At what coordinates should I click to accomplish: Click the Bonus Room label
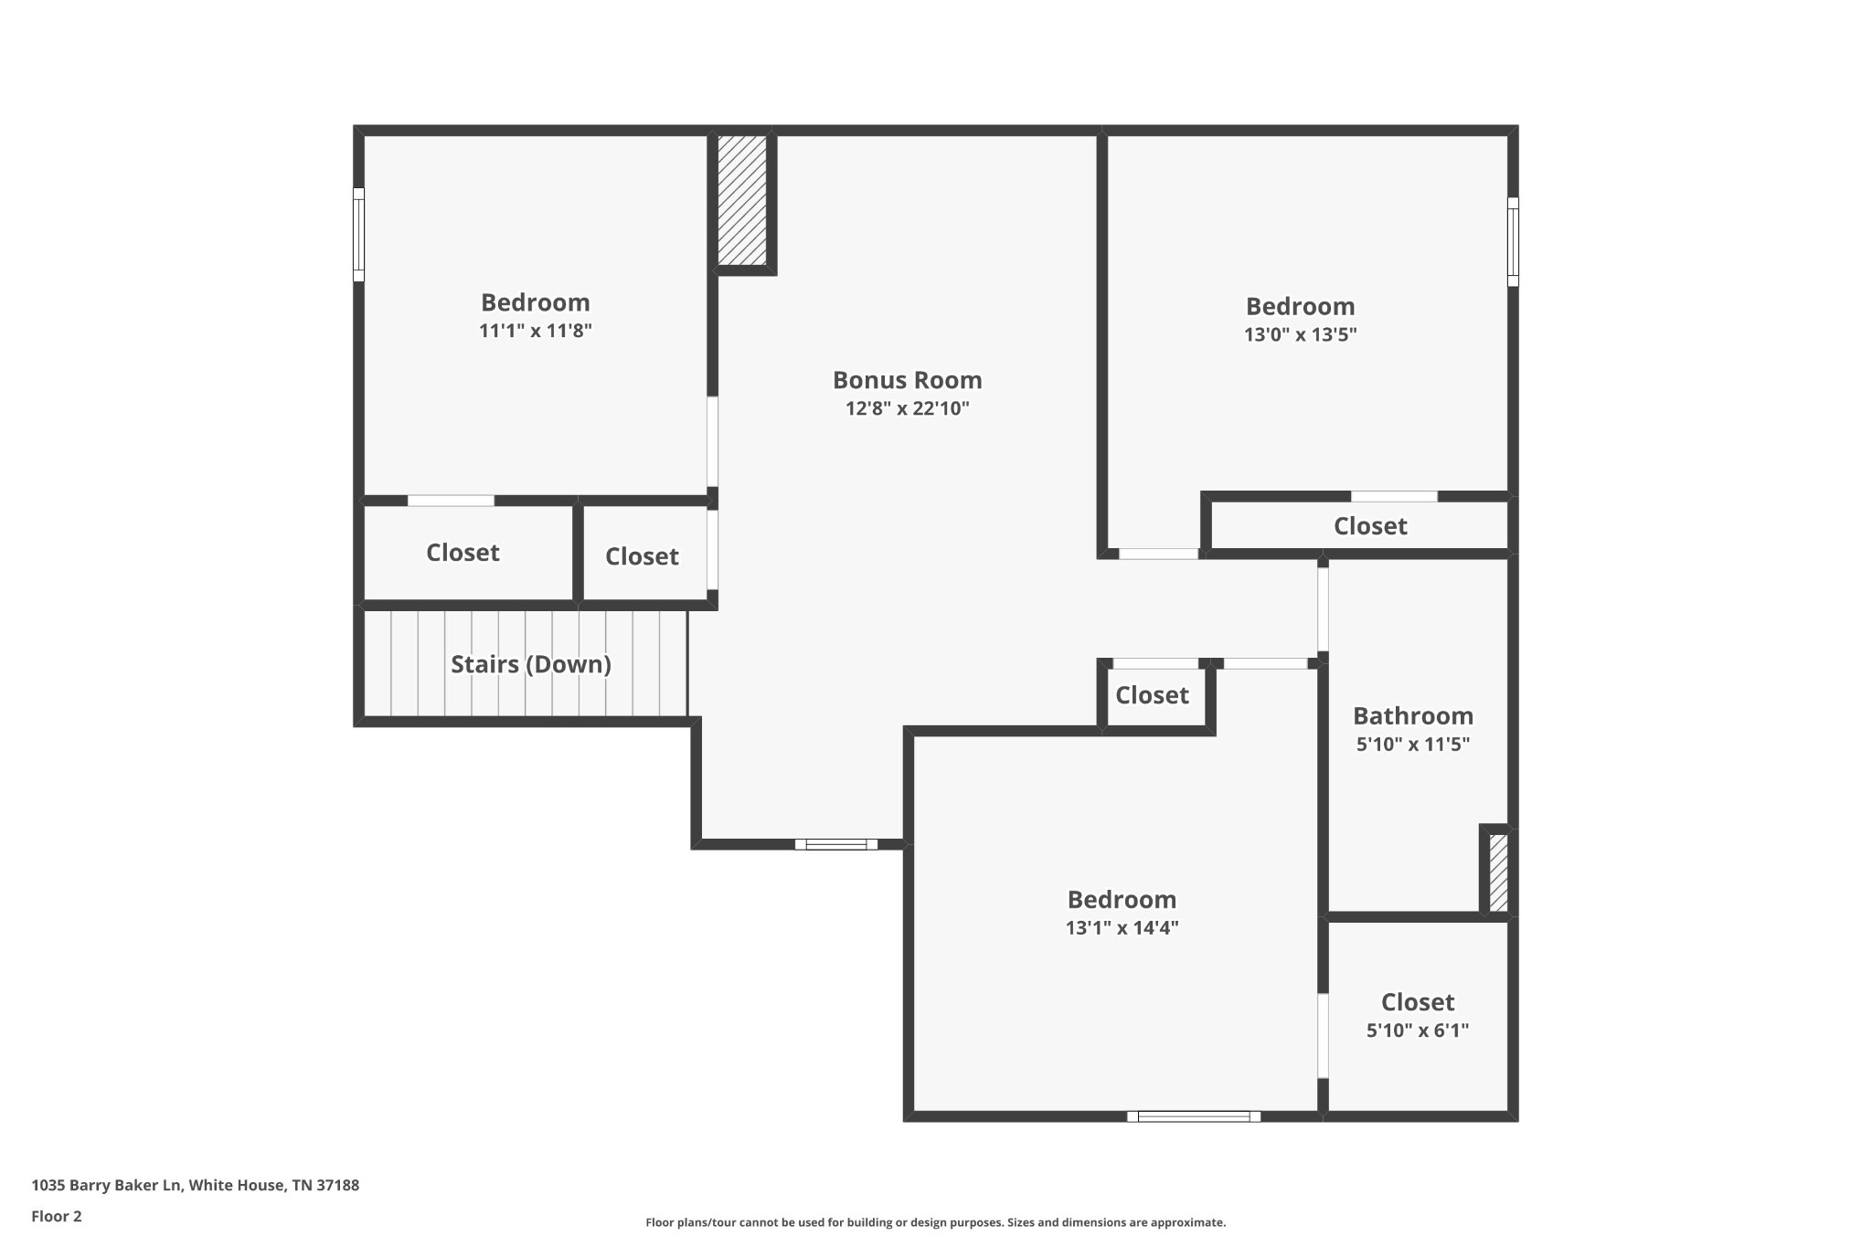tap(907, 380)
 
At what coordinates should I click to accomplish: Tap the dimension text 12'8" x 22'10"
tap(907, 408)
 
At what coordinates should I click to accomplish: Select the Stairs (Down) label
tap(530, 664)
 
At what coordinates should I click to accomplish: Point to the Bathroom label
tap(1413, 715)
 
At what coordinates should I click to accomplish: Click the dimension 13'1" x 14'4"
tap(1122, 928)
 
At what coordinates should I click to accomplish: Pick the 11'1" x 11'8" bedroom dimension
tap(536, 331)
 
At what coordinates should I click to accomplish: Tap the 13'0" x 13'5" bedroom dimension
tap(1300, 334)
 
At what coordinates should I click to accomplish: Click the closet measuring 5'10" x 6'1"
tap(1418, 1016)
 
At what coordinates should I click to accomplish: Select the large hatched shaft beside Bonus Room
tap(741, 201)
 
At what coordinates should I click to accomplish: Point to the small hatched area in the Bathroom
tap(1498, 872)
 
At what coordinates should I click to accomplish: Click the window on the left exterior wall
tap(358, 235)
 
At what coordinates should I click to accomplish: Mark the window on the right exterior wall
tap(1513, 242)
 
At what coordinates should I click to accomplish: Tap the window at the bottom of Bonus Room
tap(836, 844)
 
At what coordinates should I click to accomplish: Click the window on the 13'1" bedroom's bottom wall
tap(1194, 1116)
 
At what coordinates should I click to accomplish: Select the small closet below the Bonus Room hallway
tap(1153, 696)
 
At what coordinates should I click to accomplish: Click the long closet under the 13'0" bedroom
tap(1359, 525)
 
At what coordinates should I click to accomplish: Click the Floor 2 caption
tap(57, 1217)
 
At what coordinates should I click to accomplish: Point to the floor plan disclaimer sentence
tap(935, 1222)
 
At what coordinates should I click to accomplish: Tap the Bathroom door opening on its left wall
tap(1323, 609)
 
